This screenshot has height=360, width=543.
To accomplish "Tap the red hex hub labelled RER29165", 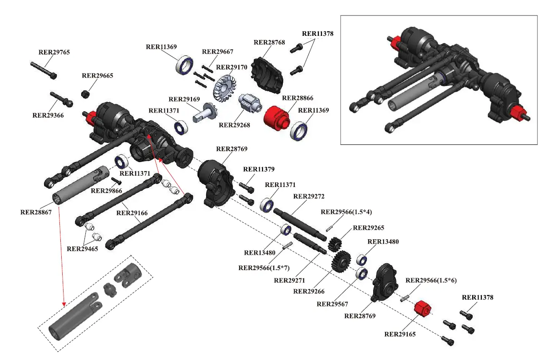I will (x=422, y=309).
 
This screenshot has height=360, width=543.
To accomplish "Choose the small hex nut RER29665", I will (x=84, y=94).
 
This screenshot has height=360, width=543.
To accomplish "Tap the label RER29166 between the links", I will (x=133, y=212).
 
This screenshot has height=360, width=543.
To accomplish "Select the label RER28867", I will (x=36, y=212).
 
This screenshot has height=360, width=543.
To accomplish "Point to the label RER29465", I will (x=82, y=249).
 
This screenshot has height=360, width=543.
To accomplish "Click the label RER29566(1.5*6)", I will (x=431, y=280).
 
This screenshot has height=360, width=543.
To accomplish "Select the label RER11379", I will (x=259, y=169).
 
